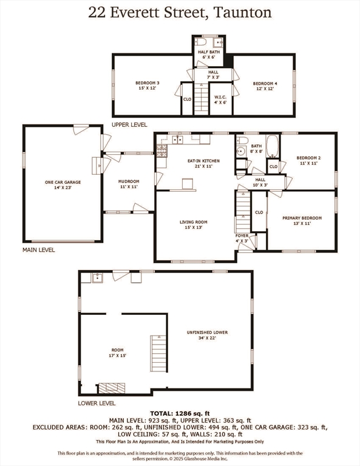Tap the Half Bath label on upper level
click(x=209, y=54)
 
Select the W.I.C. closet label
click(x=220, y=100)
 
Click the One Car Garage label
click(x=63, y=184)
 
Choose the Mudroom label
click(x=129, y=184)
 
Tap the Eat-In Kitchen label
click(x=203, y=163)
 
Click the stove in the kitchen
click(x=161, y=150)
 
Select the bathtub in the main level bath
click(x=272, y=146)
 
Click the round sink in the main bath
click(x=240, y=152)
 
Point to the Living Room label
click(x=193, y=225)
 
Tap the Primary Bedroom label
click(x=302, y=220)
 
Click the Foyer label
click(x=242, y=238)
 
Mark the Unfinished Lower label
click(x=207, y=335)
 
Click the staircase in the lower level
click(x=158, y=353)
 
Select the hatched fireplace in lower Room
click(x=112, y=388)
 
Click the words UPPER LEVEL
click(x=129, y=125)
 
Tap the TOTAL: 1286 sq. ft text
click(x=180, y=413)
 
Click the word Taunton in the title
click(x=242, y=13)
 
